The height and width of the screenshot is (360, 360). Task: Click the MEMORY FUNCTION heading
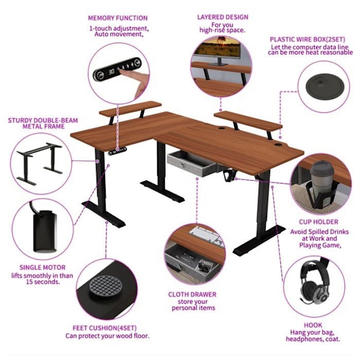click(118, 18)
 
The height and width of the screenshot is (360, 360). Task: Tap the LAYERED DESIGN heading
click(223, 17)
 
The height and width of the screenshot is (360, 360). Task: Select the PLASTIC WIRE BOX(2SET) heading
click(307, 39)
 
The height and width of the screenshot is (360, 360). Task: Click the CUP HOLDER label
click(319, 222)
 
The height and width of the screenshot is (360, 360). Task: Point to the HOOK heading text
click(313, 325)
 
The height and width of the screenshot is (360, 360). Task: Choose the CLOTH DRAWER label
click(192, 295)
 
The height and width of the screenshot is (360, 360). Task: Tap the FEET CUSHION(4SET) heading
click(104, 328)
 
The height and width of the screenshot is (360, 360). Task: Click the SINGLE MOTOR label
click(43, 267)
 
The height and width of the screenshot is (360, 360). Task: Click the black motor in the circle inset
click(44, 232)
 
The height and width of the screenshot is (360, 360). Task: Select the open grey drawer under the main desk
click(193, 163)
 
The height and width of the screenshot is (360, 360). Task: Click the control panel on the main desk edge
click(118, 151)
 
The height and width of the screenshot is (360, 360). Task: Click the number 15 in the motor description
click(29, 282)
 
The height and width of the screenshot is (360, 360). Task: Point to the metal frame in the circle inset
click(40, 163)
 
